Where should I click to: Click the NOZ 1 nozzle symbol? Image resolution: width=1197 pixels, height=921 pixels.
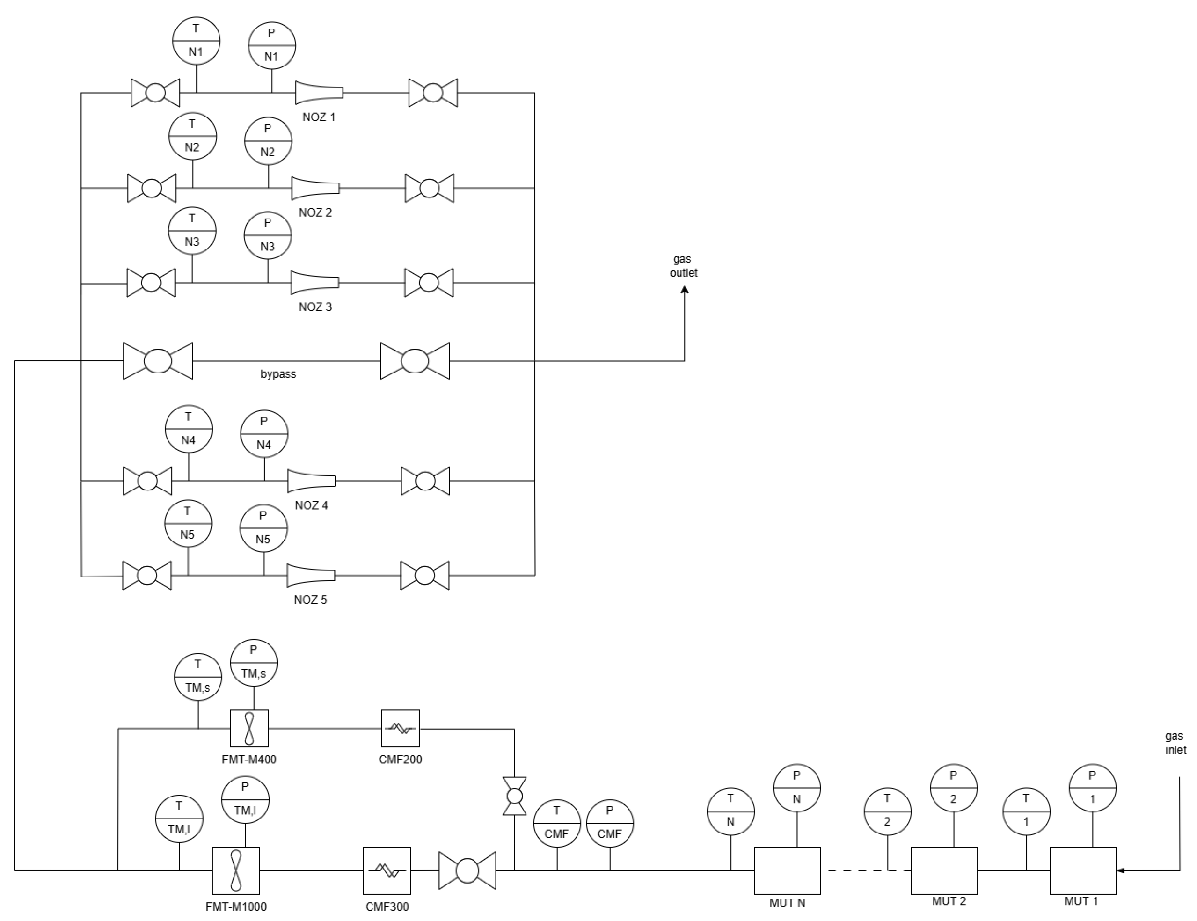click(319, 93)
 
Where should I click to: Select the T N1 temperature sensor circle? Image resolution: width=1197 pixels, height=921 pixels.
click(196, 41)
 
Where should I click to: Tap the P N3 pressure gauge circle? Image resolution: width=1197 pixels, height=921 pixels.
click(268, 235)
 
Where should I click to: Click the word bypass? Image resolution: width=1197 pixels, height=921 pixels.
click(278, 374)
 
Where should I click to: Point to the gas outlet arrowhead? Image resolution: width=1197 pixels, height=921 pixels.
click(685, 290)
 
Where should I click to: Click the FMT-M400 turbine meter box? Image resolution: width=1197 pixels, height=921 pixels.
click(249, 728)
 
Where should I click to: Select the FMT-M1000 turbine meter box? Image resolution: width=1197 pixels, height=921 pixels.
click(236, 870)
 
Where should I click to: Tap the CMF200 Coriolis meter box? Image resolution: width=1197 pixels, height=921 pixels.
click(400, 728)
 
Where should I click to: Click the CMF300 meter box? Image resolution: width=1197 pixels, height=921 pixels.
click(387, 870)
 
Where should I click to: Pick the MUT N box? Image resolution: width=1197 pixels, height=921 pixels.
click(787, 870)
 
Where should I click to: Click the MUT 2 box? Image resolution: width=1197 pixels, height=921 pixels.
click(944, 870)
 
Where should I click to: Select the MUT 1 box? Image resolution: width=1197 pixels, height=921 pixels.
click(1083, 870)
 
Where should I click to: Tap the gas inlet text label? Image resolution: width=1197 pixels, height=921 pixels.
click(1175, 743)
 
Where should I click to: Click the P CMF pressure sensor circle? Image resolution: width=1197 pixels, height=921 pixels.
click(609, 823)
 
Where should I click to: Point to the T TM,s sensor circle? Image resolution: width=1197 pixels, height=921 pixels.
click(198, 677)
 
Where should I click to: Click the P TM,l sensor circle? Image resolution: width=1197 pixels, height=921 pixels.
click(245, 799)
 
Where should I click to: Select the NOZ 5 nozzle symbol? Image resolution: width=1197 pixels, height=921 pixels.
click(311, 575)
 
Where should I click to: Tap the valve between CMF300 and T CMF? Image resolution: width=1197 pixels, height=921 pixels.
click(467, 870)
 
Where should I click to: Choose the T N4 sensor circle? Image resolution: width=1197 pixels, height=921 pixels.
click(189, 429)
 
